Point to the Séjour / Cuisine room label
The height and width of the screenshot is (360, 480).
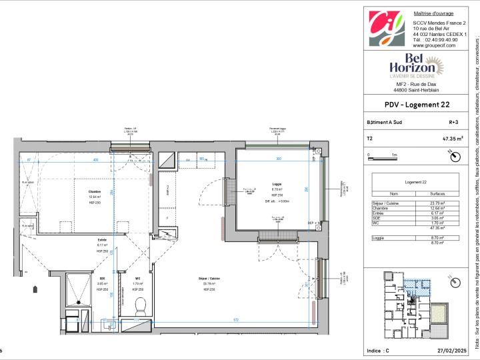(216, 277)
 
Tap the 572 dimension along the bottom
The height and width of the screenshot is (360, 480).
(235, 321)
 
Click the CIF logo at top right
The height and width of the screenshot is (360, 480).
(386, 29)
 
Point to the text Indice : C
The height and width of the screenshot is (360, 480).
(379, 350)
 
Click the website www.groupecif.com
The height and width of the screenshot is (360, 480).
(434, 45)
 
